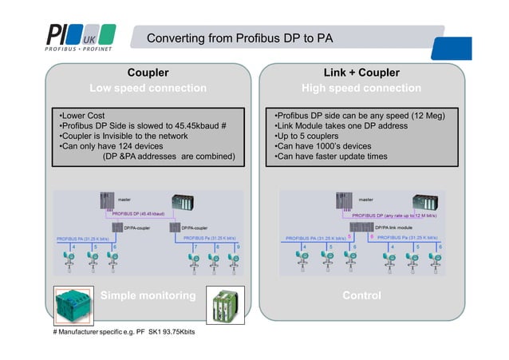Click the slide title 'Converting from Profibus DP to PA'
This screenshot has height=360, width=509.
point(239,38)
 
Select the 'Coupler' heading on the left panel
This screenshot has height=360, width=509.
point(148,73)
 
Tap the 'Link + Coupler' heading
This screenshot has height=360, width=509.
point(361,73)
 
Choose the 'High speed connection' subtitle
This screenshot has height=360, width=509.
point(361,88)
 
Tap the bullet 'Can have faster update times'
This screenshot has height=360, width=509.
point(330,156)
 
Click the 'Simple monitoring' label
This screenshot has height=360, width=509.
point(148,296)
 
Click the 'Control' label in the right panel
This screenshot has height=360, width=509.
point(361,296)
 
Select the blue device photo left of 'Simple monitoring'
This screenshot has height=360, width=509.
point(73,304)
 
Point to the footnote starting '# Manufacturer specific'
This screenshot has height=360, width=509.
point(124,332)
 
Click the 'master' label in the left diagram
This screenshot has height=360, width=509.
point(124,199)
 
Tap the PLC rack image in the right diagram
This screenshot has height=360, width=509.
point(428,203)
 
